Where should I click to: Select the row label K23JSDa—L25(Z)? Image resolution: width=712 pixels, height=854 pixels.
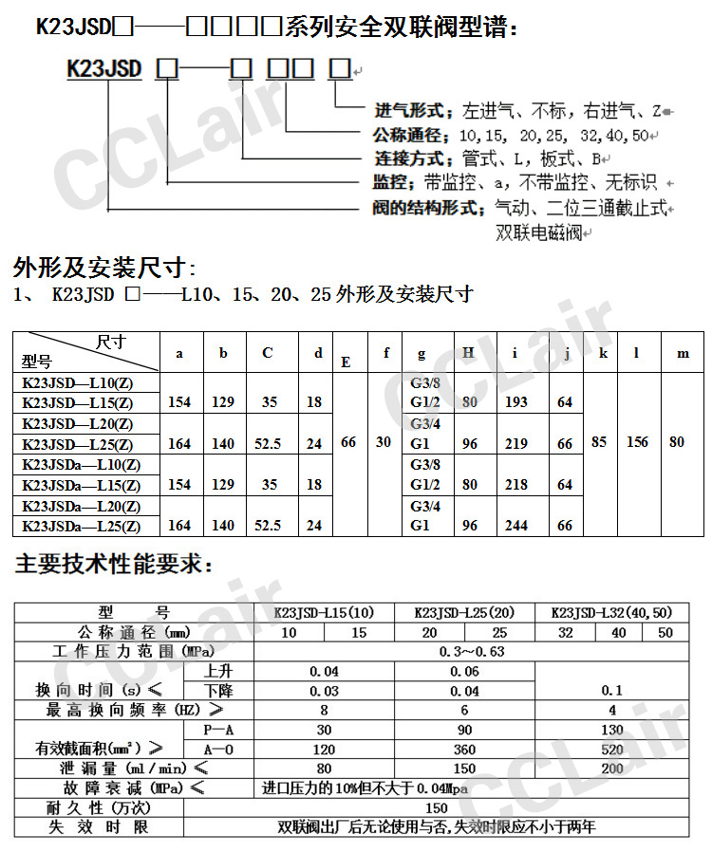point(82,526)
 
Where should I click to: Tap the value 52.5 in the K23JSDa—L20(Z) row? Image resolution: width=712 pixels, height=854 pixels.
point(269,525)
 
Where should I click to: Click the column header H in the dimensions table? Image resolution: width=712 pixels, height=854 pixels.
point(468,353)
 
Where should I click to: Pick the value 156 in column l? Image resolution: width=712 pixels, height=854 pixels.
point(637,442)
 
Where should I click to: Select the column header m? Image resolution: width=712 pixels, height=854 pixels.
point(682,353)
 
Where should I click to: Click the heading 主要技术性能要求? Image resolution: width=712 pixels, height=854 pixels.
point(114,565)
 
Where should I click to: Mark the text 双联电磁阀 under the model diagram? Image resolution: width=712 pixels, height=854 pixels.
point(538,232)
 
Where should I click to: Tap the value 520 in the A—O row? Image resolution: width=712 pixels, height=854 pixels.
point(612,749)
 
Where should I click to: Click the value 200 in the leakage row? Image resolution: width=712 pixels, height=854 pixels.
point(612,768)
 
